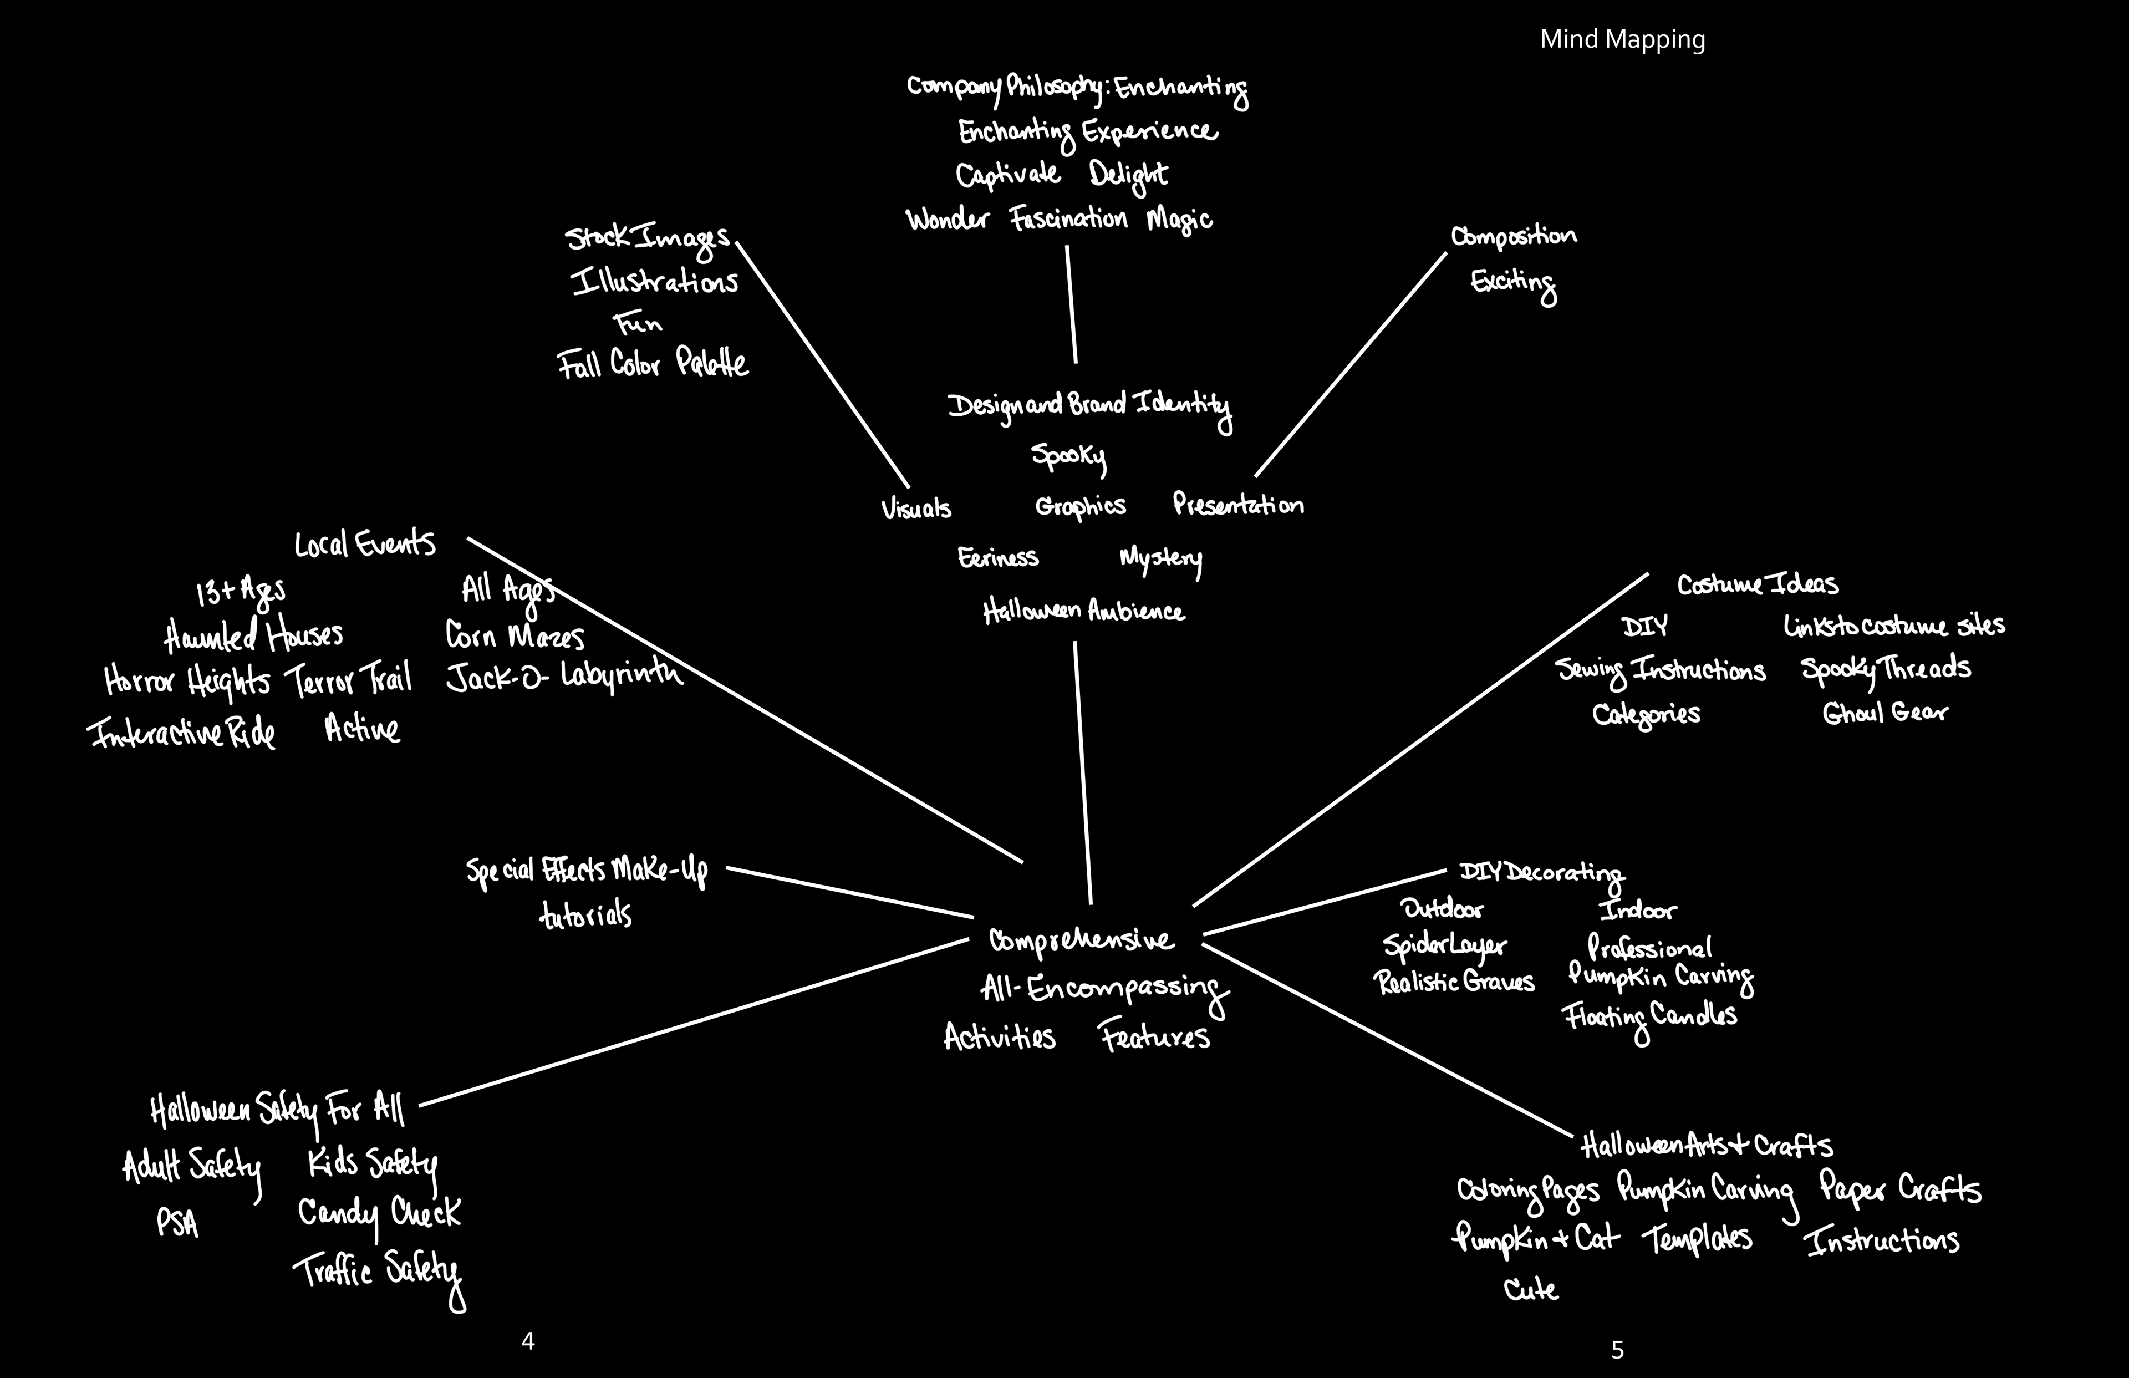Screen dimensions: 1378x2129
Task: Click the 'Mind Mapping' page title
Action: (x=1622, y=39)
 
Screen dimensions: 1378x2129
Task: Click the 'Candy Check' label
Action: (x=379, y=1213)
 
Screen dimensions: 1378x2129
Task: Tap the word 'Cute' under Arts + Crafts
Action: (x=1531, y=1289)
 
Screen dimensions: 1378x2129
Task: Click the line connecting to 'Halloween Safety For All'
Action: (x=693, y=1023)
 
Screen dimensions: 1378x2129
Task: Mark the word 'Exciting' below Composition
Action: (x=1512, y=283)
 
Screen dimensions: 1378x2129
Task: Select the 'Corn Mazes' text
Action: (x=515, y=636)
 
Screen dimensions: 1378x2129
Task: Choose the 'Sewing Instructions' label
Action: (x=1661, y=671)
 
